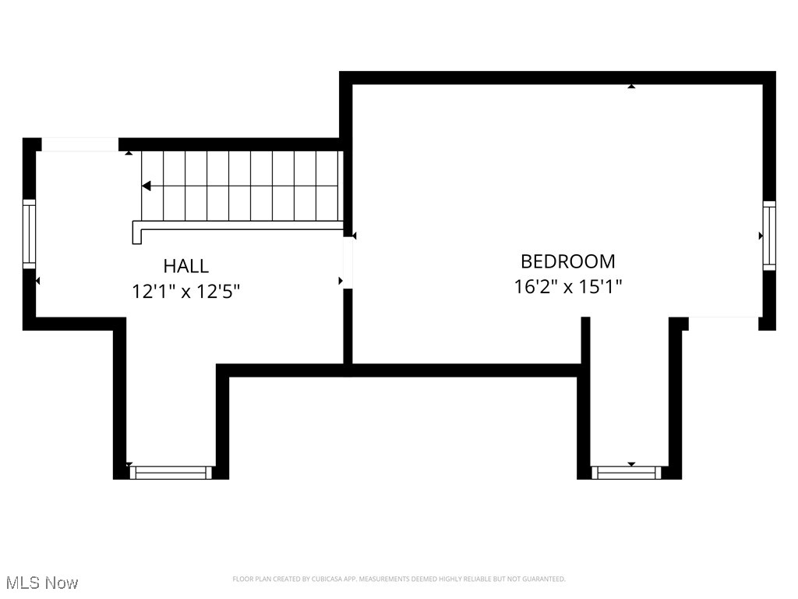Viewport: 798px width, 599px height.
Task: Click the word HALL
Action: (185, 266)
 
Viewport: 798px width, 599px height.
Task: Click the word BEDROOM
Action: (567, 261)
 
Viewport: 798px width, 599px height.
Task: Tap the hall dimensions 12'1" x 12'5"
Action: (185, 292)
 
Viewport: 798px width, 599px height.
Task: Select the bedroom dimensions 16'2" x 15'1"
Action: (567, 286)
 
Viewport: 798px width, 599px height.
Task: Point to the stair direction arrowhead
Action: (146, 186)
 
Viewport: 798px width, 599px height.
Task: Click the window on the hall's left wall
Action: (29, 234)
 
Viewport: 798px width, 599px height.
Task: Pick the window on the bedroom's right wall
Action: (769, 236)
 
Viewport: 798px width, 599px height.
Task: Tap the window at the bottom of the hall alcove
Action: (171, 472)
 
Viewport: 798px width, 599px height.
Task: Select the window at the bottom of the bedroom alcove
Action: (626, 472)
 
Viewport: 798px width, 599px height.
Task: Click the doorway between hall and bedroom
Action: (348, 263)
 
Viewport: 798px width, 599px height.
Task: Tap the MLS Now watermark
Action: (41, 583)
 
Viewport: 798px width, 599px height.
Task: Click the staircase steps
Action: (242, 186)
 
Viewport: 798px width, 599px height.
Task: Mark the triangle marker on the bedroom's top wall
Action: (631, 86)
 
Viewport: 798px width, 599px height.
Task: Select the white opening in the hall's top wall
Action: (79, 144)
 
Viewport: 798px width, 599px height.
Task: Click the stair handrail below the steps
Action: (238, 225)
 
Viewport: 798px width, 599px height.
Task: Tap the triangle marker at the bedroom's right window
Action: (761, 236)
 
